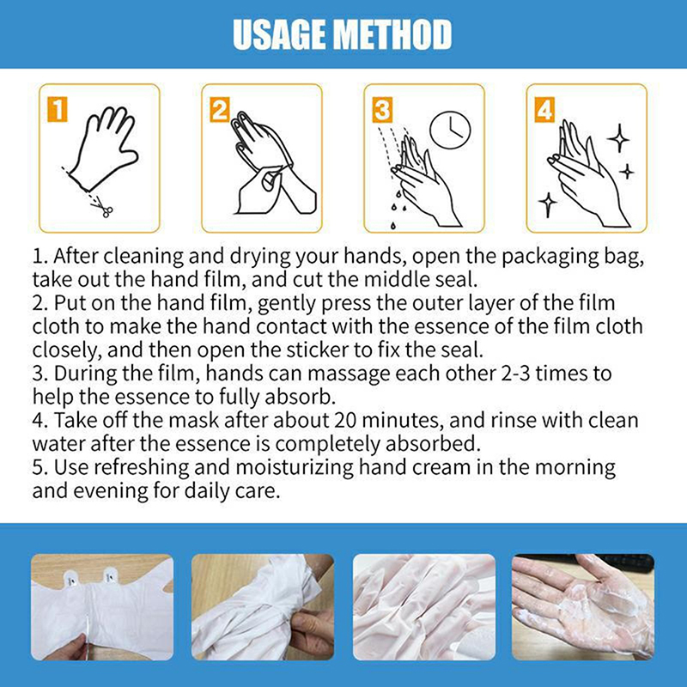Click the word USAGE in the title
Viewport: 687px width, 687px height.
tap(279, 34)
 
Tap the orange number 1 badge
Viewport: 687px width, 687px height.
tap(58, 109)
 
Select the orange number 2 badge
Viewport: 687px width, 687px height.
tap(220, 110)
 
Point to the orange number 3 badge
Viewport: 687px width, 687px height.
tap(382, 110)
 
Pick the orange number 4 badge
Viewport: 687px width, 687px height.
tap(544, 110)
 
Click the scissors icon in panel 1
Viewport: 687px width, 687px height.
tap(104, 207)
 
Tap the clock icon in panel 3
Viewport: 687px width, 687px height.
tap(450, 131)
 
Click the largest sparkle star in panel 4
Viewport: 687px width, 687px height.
tap(618, 138)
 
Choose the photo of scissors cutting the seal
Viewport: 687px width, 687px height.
tap(102, 607)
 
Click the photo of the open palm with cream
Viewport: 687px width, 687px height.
tap(583, 607)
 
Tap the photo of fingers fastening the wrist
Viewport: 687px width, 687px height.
tap(263, 607)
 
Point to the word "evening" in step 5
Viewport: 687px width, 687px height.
tap(111, 491)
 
